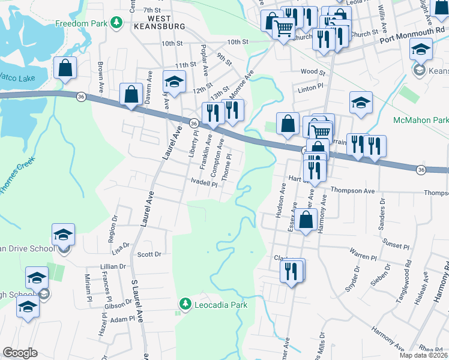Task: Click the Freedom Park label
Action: pyautogui.click(x=80, y=24)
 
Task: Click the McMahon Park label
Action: pyautogui.click(x=420, y=121)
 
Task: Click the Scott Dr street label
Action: pyautogui.click(x=149, y=254)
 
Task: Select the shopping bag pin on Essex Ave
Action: pyautogui.click(x=306, y=220)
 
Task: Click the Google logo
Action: pyautogui.click(x=20, y=353)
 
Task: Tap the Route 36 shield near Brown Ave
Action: pyautogui.click(x=81, y=96)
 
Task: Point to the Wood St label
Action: pyautogui.click(x=313, y=72)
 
